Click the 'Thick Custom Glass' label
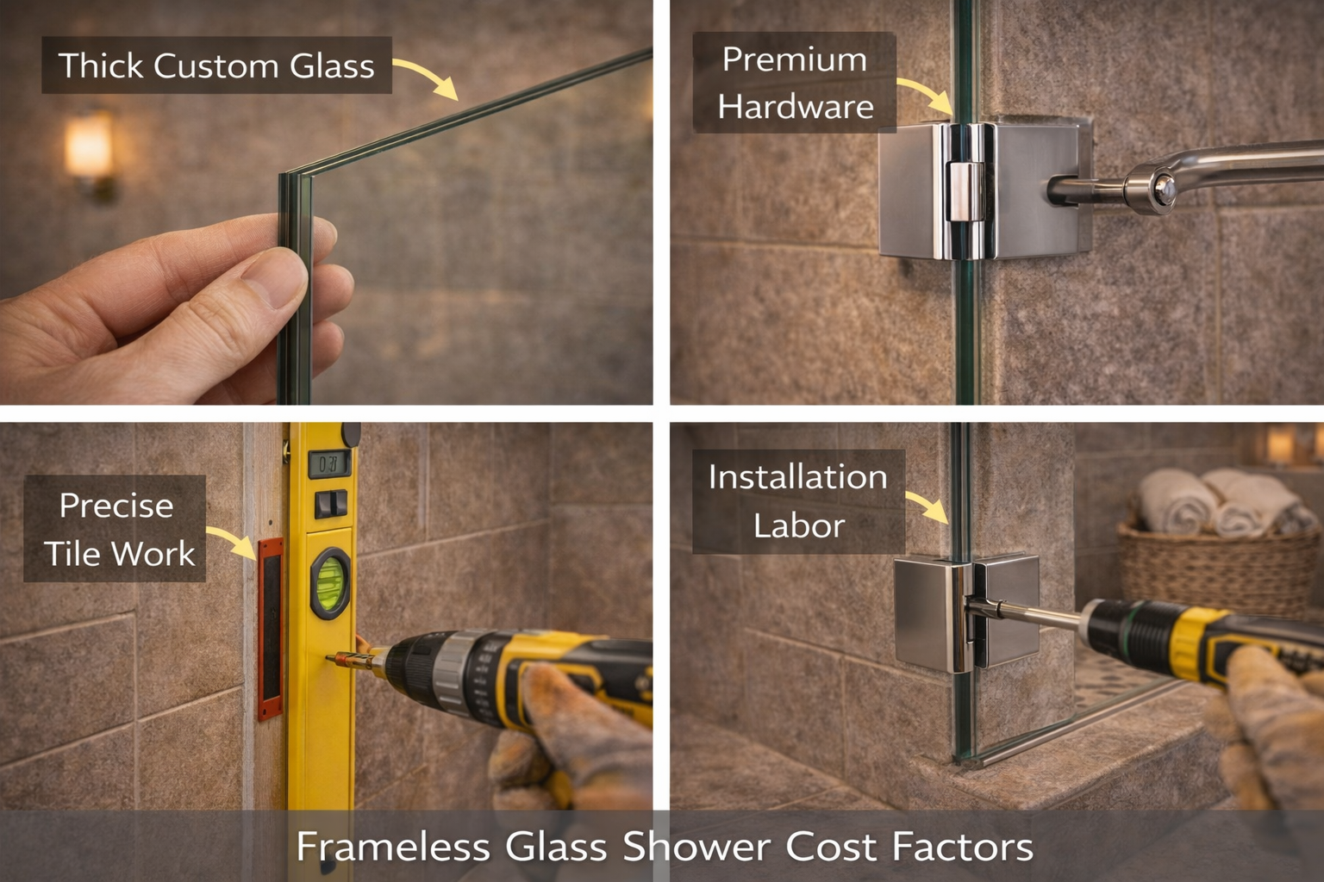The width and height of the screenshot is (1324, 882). (216, 65)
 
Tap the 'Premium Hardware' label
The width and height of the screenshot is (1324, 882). (795, 83)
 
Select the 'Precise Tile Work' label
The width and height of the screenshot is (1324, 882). (116, 529)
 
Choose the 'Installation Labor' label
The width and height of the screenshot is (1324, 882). (797, 500)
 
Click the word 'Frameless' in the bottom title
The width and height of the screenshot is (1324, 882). (392, 847)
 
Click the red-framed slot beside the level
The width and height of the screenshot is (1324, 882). (270, 629)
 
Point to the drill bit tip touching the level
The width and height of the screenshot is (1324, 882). (333, 659)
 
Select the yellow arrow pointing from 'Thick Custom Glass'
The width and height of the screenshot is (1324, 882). (427, 76)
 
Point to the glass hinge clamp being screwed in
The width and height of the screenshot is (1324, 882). (965, 613)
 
